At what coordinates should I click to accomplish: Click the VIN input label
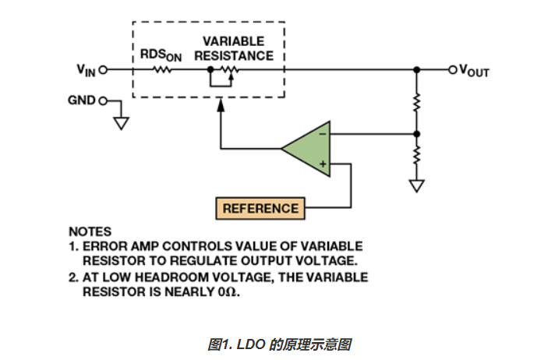point(85,70)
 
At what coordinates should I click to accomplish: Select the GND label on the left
point(82,101)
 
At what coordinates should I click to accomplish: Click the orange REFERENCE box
point(260,208)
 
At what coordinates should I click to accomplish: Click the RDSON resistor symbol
point(163,70)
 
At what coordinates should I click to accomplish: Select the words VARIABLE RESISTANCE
point(233,48)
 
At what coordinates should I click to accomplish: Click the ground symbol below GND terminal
point(120,122)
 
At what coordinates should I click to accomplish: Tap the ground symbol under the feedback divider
point(417,186)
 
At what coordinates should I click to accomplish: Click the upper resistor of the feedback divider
point(417,102)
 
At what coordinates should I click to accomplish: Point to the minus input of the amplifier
point(322,134)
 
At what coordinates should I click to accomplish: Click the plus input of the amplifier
point(322,164)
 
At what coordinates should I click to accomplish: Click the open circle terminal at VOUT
point(450,70)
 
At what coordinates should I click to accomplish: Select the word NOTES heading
point(90,231)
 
